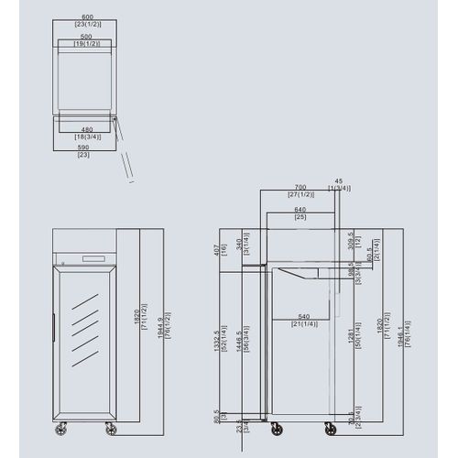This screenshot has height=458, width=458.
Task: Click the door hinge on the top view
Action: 114,118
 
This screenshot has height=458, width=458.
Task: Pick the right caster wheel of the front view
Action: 112,428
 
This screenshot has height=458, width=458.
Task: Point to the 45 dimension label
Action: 339,180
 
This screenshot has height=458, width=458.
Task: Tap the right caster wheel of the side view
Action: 329,428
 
